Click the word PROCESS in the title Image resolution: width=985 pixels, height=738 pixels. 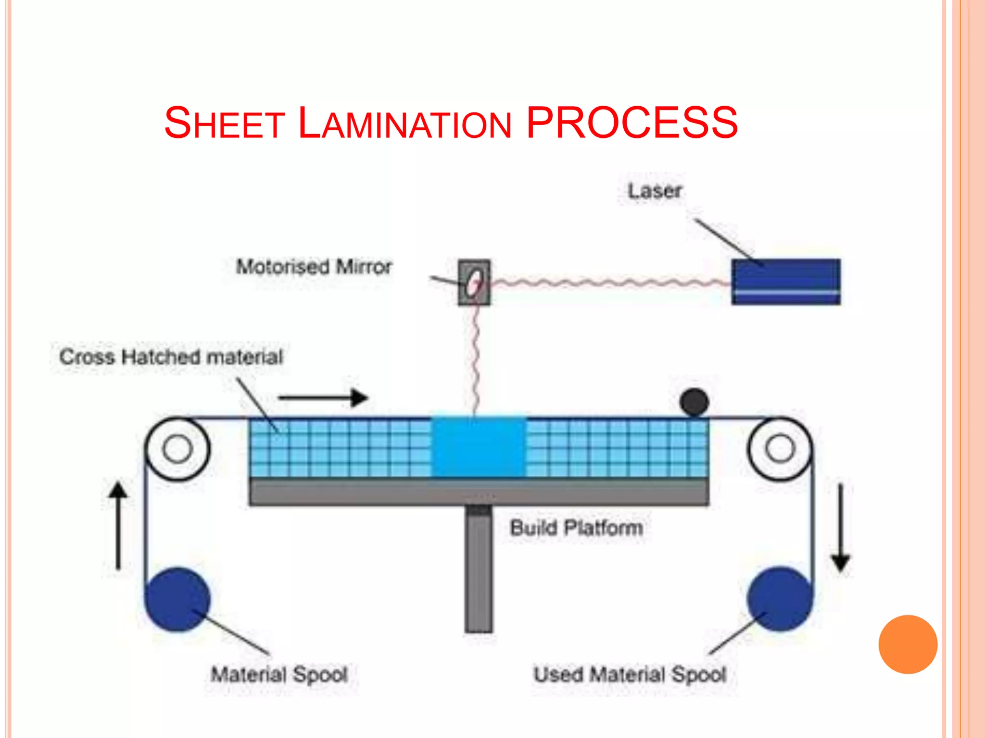coord(632,123)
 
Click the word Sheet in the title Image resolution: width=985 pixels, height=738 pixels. coord(225,123)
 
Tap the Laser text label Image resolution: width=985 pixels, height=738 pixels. coord(655,191)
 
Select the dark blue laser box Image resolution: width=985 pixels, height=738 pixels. coord(786,282)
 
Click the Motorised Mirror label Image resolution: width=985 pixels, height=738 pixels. coord(314,266)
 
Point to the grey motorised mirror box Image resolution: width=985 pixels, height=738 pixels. coord(474,283)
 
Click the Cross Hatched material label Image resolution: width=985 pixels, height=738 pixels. coord(171,357)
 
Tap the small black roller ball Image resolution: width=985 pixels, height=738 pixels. coord(694,402)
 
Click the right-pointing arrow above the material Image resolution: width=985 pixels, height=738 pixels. coord(323,398)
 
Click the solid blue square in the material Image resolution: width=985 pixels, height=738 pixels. coord(479,447)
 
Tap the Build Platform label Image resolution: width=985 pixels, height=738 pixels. coord(576,528)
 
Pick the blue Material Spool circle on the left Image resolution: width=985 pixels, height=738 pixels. coord(177,599)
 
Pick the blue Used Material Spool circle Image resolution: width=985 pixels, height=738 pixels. coord(780,599)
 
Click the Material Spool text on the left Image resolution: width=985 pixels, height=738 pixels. coord(279,674)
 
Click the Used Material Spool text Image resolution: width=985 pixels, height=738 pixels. coord(630,674)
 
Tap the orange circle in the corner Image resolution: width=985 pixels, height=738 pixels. coord(908,644)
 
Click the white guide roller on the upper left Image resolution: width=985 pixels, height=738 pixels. coord(177,449)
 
